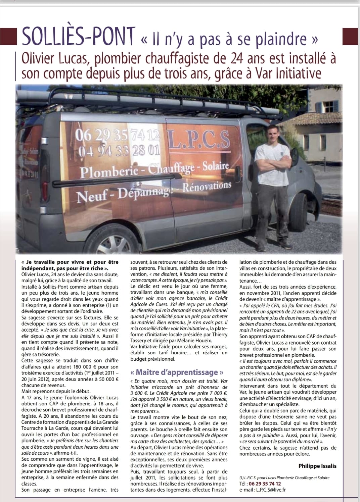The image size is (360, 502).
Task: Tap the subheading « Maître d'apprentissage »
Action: [x=177, y=372]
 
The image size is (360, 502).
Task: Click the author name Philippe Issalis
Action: [x=317, y=466]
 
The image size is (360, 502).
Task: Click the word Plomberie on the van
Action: [x=109, y=172]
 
